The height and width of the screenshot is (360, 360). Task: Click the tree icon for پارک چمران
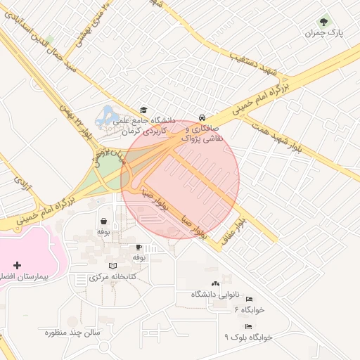click(324, 22)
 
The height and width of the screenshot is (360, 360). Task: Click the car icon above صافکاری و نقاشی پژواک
click(202, 117)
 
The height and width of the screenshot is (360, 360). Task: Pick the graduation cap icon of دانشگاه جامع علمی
click(143, 110)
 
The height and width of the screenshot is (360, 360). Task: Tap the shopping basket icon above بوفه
click(104, 221)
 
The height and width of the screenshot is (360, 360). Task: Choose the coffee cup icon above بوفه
click(139, 247)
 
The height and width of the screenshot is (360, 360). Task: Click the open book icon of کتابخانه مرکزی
click(112, 266)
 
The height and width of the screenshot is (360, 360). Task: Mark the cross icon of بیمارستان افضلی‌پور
click(18, 266)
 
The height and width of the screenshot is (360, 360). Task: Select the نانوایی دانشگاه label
click(215, 294)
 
